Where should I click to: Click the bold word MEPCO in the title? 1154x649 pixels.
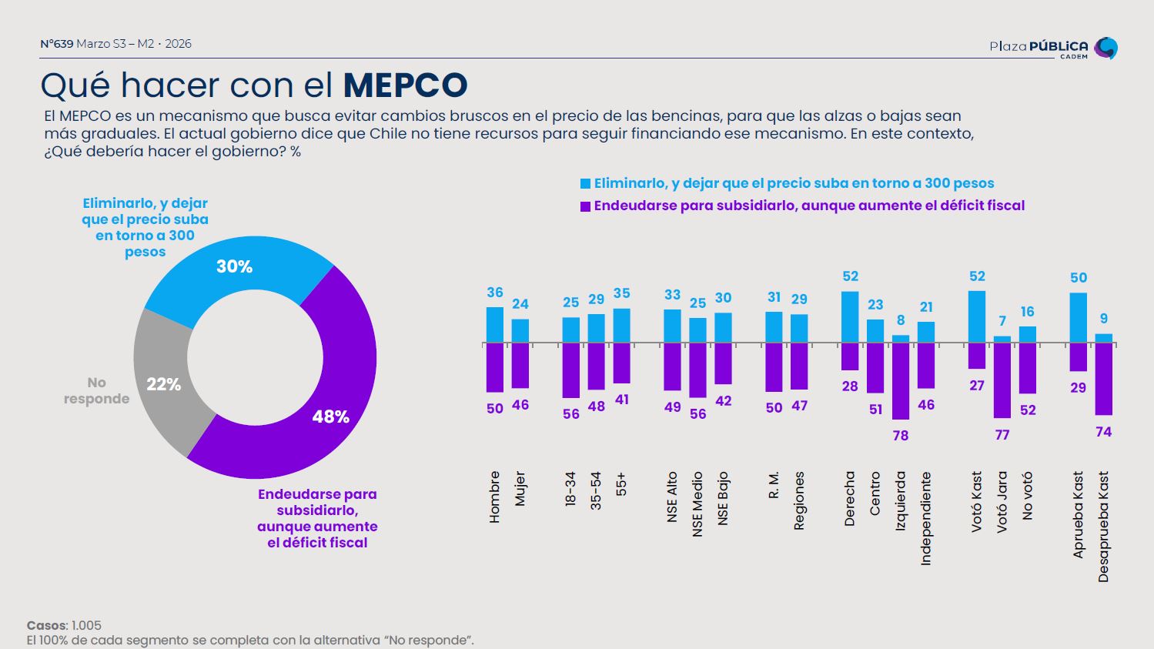[x=405, y=85]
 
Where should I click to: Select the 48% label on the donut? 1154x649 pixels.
[x=331, y=416]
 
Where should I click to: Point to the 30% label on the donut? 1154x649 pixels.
[x=234, y=266]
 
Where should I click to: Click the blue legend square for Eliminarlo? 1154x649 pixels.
[x=586, y=184]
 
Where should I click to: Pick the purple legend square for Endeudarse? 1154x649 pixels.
[x=586, y=206]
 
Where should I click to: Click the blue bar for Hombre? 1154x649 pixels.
[x=495, y=325]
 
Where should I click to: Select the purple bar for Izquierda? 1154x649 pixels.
[x=901, y=381]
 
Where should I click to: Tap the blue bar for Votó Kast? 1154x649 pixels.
[x=977, y=316]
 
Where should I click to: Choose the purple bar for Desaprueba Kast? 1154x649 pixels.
[x=1104, y=379]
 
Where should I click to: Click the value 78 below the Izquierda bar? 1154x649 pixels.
[x=901, y=436]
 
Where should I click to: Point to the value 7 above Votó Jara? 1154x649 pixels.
[x=1002, y=321]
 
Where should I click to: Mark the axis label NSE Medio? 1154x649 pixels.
[x=697, y=504]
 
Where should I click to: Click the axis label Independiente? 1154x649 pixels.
[x=926, y=518]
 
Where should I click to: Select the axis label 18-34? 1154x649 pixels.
[x=570, y=490]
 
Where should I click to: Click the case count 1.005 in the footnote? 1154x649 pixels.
[x=86, y=625]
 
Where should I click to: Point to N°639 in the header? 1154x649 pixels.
[x=56, y=44]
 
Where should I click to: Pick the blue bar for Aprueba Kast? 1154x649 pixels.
[x=1079, y=317]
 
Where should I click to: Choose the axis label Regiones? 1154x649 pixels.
[x=799, y=500]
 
